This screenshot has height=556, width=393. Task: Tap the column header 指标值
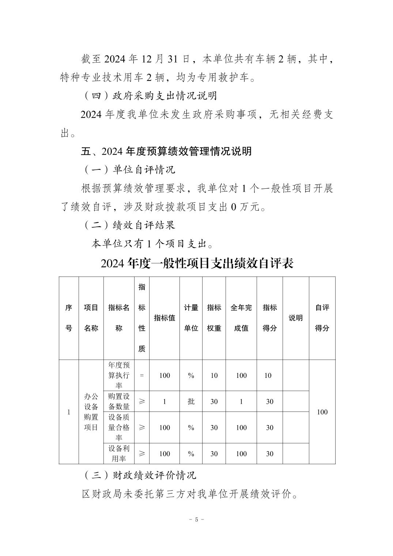[x=165, y=318]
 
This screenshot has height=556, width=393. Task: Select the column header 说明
[x=295, y=318]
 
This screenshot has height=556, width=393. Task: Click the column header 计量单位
[x=191, y=318]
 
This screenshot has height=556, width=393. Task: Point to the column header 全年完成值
[x=241, y=318]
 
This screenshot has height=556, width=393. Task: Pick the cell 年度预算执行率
[x=119, y=375]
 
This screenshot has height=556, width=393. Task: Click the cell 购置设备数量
[x=119, y=401]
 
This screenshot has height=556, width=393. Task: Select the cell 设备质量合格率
[x=119, y=427]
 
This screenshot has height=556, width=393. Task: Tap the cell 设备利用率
[x=119, y=454]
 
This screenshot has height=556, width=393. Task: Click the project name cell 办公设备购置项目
[x=91, y=412]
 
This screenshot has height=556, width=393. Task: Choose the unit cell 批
[x=191, y=401]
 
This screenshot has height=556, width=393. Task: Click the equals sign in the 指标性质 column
[x=142, y=375]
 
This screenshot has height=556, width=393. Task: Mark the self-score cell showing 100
[x=322, y=412]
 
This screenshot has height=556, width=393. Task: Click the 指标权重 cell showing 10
[x=214, y=375]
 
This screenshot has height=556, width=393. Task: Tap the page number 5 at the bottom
[x=197, y=519]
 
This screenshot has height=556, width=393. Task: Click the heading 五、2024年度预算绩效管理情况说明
[x=166, y=151]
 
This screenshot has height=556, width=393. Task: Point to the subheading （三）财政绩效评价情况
[x=140, y=475]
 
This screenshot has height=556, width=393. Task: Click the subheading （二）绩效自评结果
[x=130, y=225]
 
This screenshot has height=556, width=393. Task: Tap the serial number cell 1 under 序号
[x=69, y=412]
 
